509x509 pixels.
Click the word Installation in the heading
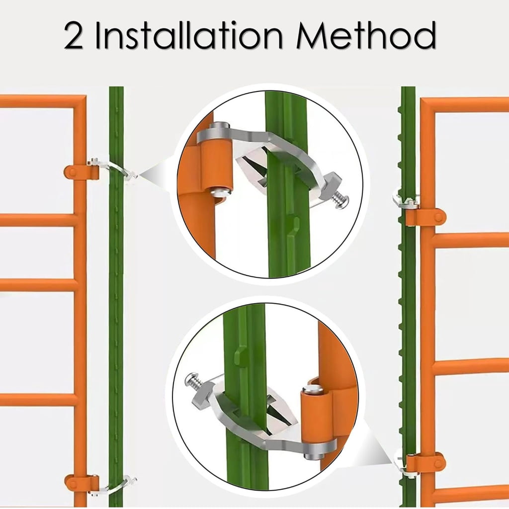point(188,35)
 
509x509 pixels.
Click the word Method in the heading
point(366,35)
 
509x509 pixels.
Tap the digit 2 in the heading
point(73,36)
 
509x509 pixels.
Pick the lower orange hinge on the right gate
point(426,463)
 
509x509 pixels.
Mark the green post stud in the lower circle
point(240,356)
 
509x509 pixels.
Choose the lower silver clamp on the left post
point(117,486)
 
